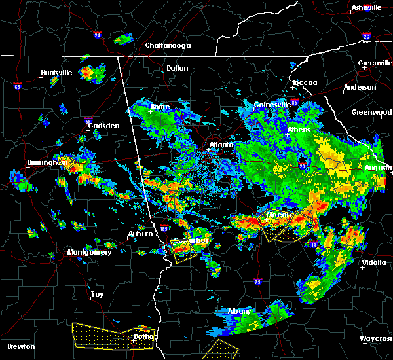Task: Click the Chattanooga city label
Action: (x=168, y=45)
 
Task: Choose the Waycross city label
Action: (x=377, y=339)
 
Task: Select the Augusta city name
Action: (x=377, y=168)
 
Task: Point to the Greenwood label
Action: (x=371, y=112)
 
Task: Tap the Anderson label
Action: (x=360, y=87)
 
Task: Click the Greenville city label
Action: (x=375, y=63)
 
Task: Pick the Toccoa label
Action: (x=305, y=83)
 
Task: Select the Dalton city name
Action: (x=177, y=68)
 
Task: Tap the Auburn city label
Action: (x=140, y=234)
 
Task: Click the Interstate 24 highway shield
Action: (x=96, y=35)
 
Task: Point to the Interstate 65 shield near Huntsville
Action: (x=17, y=86)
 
